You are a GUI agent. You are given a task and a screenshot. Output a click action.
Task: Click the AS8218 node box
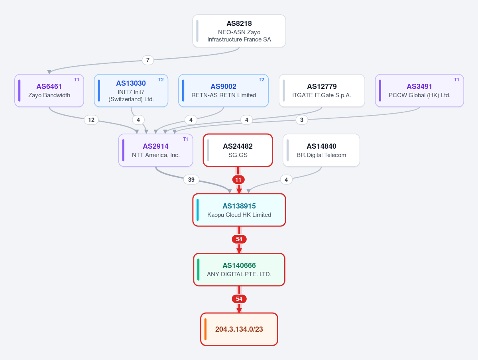(239, 31)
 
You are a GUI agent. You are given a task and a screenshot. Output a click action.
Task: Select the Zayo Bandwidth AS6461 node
(49, 90)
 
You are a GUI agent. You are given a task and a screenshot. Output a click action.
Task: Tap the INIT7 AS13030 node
(131, 90)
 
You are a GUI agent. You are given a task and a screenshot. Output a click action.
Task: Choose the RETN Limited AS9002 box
(224, 90)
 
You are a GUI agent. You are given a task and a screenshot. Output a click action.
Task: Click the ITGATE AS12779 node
(322, 90)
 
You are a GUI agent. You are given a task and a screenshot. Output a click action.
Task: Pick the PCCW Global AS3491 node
(419, 90)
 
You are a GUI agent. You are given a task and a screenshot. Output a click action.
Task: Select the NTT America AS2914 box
(156, 150)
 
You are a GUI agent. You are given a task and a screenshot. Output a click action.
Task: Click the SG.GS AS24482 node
(238, 150)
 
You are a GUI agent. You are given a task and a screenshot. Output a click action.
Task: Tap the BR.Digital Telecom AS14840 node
(321, 150)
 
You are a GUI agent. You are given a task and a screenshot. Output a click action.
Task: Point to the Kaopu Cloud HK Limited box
(239, 210)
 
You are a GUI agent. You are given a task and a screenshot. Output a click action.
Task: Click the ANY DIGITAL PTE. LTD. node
(239, 270)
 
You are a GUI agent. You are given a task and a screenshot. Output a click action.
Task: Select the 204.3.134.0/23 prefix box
(239, 329)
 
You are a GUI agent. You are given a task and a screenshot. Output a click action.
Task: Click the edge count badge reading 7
(148, 60)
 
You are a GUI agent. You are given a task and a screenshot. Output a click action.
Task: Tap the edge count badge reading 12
(91, 120)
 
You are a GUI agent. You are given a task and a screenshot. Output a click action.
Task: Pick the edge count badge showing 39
(191, 179)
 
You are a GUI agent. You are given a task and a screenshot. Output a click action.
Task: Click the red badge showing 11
(238, 179)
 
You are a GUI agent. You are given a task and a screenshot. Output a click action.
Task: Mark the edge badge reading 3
(302, 120)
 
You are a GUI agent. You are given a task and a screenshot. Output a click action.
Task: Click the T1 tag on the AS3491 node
(456, 80)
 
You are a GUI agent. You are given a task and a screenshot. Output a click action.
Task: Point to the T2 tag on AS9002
(261, 80)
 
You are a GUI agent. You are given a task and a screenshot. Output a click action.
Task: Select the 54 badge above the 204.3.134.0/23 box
(239, 299)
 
